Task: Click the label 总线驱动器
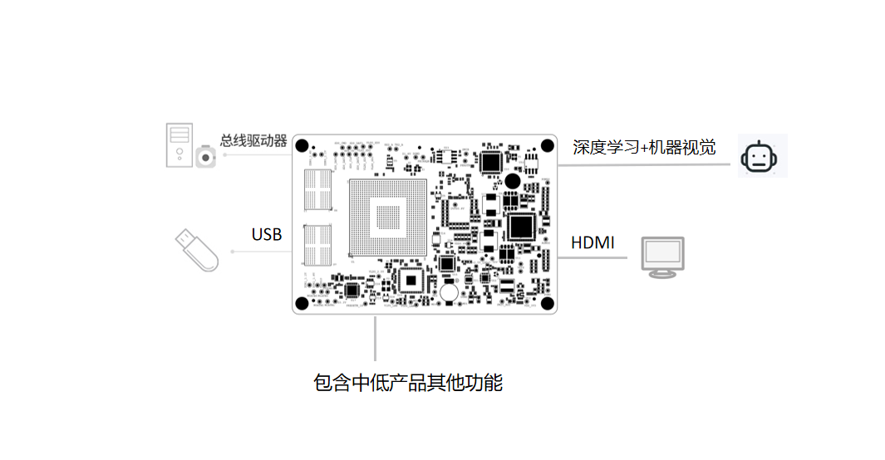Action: pos(253,140)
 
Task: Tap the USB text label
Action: pos(267,235)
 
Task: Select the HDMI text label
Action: pos(592,243)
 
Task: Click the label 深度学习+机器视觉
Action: pos(644,148)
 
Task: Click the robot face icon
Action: pos(762,156)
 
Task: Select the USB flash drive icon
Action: pos(196,249)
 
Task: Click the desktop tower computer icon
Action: pos(179,144)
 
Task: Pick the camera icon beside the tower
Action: pos(205,157)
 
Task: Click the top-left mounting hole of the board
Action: pos(303,144)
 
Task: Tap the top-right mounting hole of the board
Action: pos(547,145)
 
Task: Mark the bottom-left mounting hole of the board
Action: pos(303,302)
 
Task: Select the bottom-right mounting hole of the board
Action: pos(547,303)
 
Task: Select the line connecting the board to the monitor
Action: pos(592,257)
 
